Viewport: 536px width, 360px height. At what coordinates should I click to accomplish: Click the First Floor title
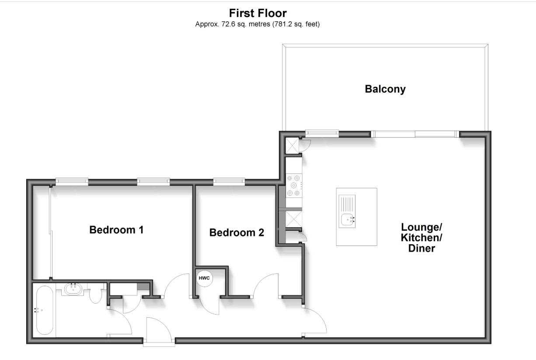[258, 14]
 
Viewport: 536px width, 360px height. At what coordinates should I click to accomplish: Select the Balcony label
[385, 89]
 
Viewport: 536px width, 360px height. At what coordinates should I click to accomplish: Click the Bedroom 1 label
[116, 229]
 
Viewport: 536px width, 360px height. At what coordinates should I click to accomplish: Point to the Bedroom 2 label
[237, 232]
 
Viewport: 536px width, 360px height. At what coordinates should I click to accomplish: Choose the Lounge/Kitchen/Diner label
[421, 238]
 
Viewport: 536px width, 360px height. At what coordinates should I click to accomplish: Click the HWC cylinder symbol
[204, 278]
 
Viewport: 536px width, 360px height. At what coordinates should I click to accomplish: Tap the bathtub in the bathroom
[45, 310]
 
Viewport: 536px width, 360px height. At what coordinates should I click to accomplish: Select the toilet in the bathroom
[96, 296]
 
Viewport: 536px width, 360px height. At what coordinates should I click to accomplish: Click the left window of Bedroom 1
[72, 182]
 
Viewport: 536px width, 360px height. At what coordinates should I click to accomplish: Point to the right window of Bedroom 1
[153, 182]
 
